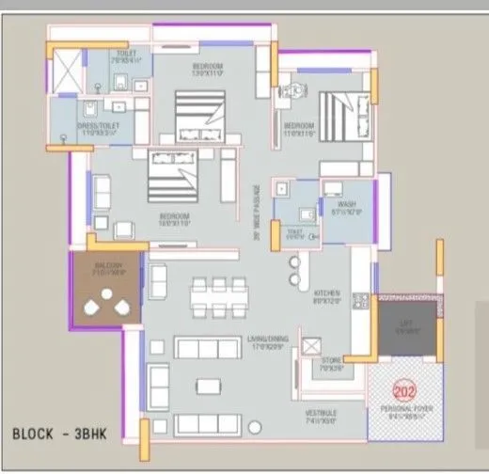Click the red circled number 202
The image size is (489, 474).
[x=403, y=393]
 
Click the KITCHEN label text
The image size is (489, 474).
[x=327, y=297]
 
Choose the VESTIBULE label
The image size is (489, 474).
[x=321, y=417]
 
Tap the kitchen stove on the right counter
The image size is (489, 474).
[x=358, y=302]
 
